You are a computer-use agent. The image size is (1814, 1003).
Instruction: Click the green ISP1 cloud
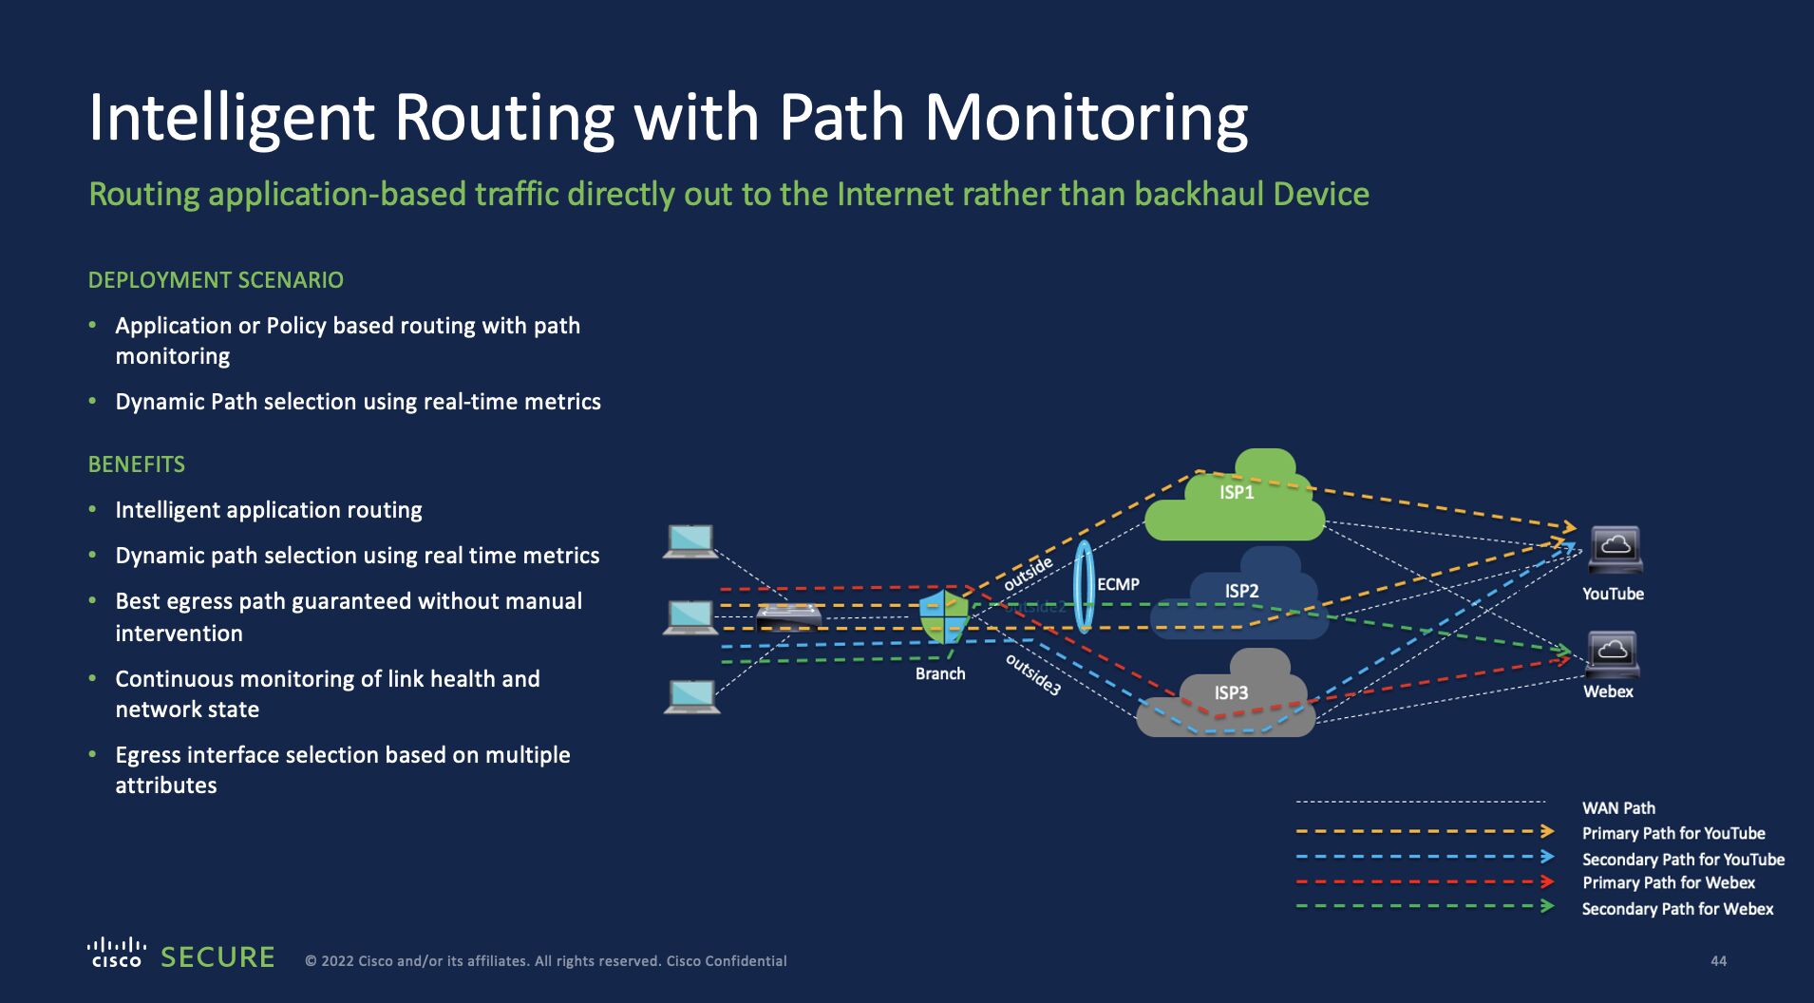pos(1235,508)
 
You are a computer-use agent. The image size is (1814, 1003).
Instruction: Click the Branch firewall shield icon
pos(944,617)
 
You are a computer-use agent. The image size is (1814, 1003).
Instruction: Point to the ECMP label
pos(1118,584)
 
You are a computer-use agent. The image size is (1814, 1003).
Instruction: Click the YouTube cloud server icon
pos(1615,549)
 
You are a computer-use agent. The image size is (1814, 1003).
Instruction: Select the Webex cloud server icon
pos(1612,653)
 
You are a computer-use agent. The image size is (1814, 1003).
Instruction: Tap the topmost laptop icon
pos(690,541)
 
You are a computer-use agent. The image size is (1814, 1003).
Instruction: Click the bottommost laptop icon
pos(691,696)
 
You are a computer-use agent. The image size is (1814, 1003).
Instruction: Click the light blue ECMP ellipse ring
pos(1083,586)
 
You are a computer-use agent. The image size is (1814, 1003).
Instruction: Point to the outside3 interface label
pos(1032,674)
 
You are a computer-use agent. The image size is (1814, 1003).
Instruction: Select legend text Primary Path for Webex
pos(1668,882)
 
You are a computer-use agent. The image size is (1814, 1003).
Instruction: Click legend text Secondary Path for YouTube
pos(1683,860)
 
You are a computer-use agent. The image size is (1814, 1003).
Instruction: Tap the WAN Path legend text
pos(1618,808)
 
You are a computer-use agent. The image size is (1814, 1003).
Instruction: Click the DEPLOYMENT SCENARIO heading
pos(216,280)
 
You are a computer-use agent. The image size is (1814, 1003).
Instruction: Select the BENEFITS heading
pos(136,464)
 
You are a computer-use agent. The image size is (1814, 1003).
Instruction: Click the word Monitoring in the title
pos(1086,118)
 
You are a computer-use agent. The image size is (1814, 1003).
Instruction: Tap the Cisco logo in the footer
pos(116,953)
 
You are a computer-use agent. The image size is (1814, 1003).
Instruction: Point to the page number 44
pos(1718,961)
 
